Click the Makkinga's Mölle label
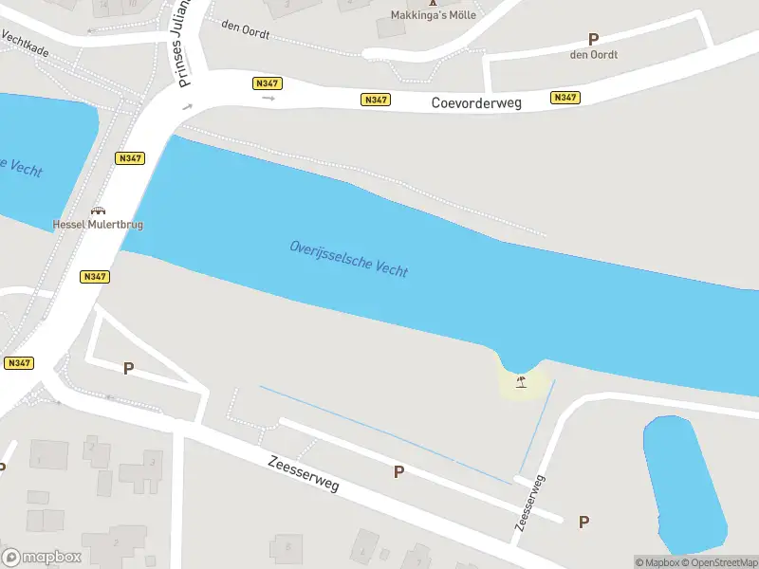point(434,15)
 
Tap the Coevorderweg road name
point(477,102)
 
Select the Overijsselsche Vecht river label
point(348,258)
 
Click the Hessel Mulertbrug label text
point(97,225)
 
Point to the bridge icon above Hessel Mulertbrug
point(97,211)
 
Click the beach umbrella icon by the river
point(520,381)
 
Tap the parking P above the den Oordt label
point(594,39)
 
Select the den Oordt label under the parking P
point(594,54)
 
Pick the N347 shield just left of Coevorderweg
point(376,100)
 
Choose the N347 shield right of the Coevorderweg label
point(565,98)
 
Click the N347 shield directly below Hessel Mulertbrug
point(95,277)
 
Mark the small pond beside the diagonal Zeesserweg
point(684,484)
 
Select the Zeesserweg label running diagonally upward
point(529,504)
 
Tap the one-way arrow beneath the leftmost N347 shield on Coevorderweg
point(268,98)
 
